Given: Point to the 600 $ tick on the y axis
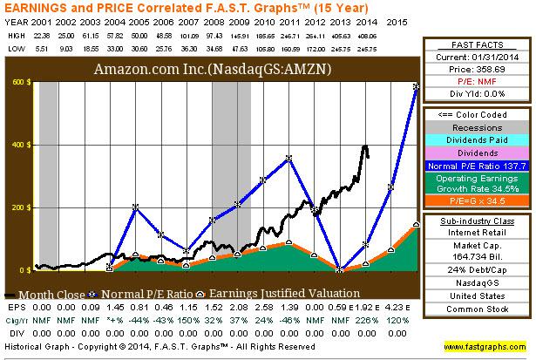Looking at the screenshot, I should point(19,83).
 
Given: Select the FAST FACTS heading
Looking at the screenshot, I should point(476,44).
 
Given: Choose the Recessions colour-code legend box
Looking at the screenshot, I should point(476,127).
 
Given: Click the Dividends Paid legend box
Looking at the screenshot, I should point(476,139).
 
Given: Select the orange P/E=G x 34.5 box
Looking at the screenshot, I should point(476,200).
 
